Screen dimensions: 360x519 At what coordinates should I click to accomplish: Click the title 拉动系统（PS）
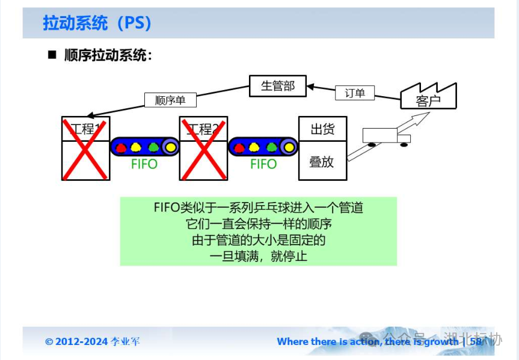(97, 23)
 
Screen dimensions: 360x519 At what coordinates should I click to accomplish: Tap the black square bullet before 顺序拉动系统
(52, 55)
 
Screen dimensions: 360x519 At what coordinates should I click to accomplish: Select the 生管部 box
(277, 86)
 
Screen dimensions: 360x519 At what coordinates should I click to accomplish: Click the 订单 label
(355, 93)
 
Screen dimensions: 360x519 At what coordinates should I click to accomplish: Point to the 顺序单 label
(170, 100)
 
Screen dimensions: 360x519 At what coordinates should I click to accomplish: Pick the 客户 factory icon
(428, 97)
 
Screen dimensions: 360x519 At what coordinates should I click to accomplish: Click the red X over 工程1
(85, 149)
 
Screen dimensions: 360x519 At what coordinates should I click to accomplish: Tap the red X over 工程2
(203, 149)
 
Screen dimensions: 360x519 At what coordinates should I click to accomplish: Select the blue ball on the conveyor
(120, 147)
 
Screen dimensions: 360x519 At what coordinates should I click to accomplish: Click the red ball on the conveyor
(239, 147)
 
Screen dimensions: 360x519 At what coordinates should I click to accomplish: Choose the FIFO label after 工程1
(144, 164)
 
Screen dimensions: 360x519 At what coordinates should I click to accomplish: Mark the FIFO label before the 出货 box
(263, 164)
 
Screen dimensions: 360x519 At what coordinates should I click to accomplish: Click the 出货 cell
(322, 129)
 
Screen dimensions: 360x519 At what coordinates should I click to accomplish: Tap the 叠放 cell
(322, 161)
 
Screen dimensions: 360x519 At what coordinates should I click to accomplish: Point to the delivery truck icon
(385, 136)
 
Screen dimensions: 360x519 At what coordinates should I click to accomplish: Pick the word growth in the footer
(441, 341)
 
